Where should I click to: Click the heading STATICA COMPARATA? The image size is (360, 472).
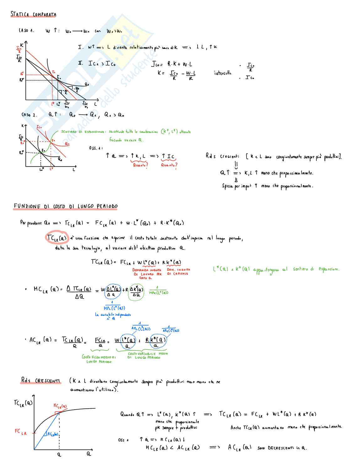click(34, 14)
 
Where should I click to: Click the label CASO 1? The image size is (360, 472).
click(27, 31)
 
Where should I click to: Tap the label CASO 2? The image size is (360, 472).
click(29, 115)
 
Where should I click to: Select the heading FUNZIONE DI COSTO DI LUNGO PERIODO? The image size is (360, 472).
click(66, 207)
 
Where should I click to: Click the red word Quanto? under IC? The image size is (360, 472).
click(169, 165)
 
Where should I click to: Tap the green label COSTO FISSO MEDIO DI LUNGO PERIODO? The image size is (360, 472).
click(99, 359)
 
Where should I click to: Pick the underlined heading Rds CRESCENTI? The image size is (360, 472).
click(40, 381)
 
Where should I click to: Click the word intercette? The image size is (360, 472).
click(223, 73)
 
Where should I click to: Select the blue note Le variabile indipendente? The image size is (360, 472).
click(113, 315)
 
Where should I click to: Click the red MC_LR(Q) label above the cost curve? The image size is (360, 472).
click(60, 406)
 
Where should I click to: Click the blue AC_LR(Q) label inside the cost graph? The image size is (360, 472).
click(53, 434)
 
